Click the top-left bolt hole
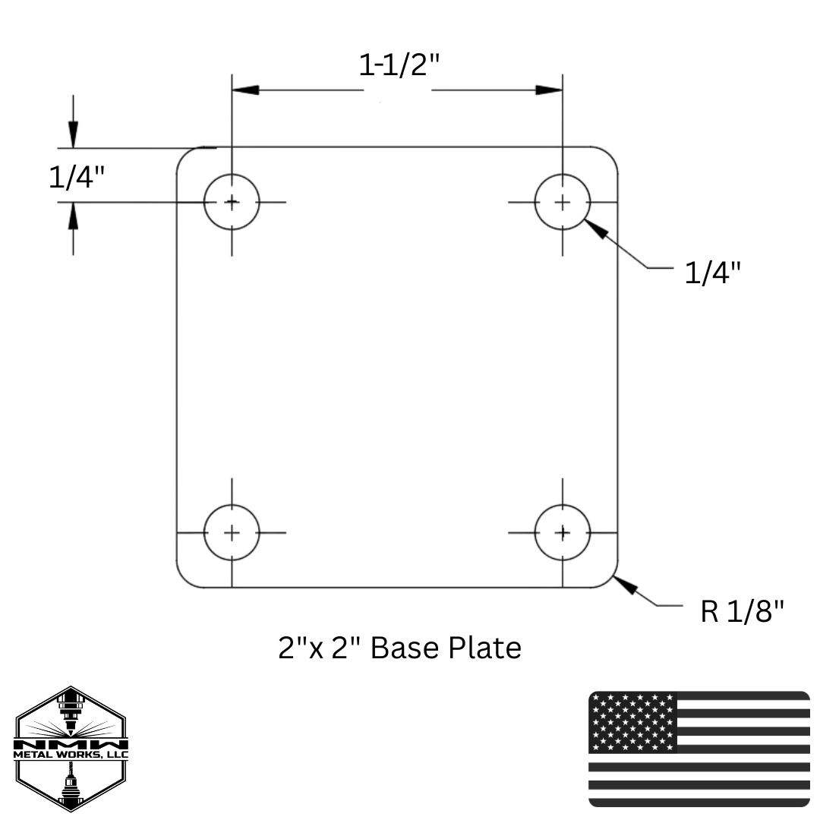pos(232,202)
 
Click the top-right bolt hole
pos(562,202)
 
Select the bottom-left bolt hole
pos(232,532)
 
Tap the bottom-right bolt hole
pos(562,532)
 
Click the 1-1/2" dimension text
pos(399,67)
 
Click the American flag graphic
pos(699,749)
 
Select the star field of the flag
pos(632,721)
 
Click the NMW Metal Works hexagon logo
pos(71,749)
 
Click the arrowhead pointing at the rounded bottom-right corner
pos(626,586)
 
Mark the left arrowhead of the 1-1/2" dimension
pos(245,90)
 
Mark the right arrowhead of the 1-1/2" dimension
pos(548,90)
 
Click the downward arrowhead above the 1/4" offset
pos(73,136)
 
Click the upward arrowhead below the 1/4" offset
pos(73,216)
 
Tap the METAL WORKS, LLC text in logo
pos(71,755)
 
